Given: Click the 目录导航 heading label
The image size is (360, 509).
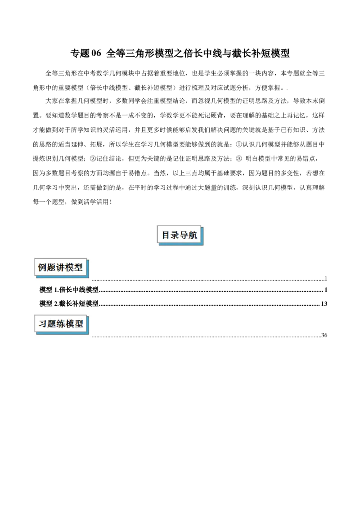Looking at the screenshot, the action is click(180, 235).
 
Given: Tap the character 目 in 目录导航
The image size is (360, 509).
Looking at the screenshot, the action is click(166, 235).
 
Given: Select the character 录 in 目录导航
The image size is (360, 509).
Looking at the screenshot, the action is click(175, 235).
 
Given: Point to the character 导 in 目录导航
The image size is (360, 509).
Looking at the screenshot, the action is click(184, 235).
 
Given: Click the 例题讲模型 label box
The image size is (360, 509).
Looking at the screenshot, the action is click(61, 268).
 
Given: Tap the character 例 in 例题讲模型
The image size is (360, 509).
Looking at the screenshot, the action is click(42, 268).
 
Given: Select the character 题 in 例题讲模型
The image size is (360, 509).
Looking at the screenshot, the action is click(51, 268).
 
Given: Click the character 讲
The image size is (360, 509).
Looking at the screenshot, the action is click(61, 268).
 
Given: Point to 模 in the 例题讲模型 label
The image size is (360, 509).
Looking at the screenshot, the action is click(70, 268).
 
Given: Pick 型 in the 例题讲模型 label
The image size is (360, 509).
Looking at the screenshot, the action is click(79, 268).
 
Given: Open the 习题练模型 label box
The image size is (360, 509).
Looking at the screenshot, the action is click(61, 324).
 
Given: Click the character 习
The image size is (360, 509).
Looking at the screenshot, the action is click(42, 324).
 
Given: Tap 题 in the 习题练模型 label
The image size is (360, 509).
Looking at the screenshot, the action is click(51, 324).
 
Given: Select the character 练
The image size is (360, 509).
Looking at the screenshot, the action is click(61, 324).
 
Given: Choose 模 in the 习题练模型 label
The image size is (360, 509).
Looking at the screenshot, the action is click(70, 324).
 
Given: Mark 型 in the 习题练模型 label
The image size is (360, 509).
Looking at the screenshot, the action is click(79, 324).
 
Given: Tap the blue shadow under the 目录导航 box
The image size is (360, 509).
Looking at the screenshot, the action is click(182, 244).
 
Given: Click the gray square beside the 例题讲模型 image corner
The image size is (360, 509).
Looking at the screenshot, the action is click(92, 282).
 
